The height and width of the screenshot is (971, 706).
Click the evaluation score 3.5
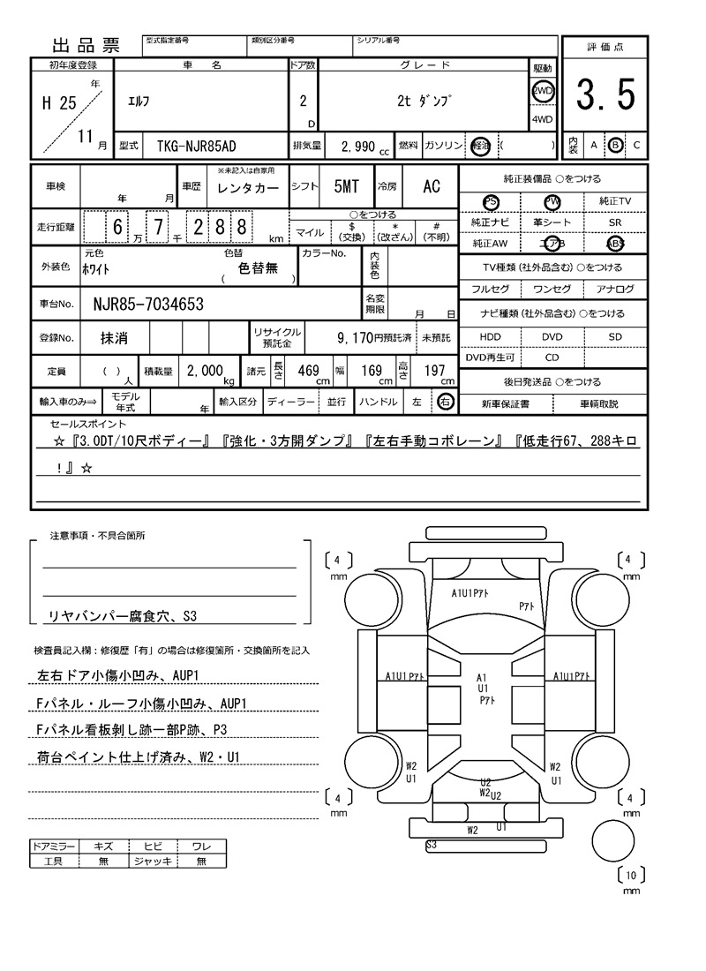click(x=605, y=94)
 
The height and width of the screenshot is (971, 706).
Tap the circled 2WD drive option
click(x=542, y=92)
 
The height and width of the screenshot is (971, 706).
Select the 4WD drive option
click(x=542, y=120)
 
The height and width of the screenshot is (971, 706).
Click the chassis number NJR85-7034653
click(x=148, y=305)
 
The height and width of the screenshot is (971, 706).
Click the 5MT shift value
click(x=346, y=186)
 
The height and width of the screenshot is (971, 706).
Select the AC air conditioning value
click(x=431, y=186)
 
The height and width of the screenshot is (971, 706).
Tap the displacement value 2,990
click(x=357, y=146)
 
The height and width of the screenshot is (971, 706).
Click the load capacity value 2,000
click(x=205, y=372)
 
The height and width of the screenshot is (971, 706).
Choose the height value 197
click(x=434, y=372)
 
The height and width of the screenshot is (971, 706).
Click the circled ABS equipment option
click(x=614, y=245)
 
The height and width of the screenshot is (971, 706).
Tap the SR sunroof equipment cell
click(x=614, y=223)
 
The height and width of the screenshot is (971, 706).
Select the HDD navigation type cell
click(x=490, y=336)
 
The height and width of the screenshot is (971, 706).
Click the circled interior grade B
click(x=615, y=145)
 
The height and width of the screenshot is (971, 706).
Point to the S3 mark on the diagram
click(x=432, y=845)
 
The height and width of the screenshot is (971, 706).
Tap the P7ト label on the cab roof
click(x=528, y=606)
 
